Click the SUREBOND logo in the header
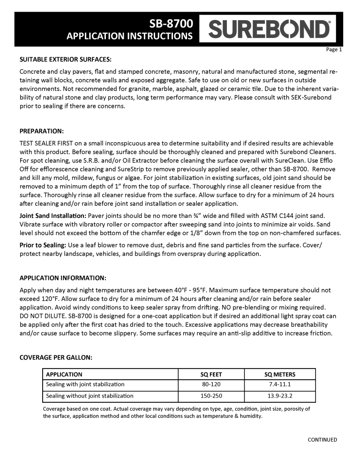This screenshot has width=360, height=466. (270, 29)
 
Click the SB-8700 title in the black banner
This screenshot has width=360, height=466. (174, 23)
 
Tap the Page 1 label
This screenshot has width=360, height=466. (334, 50)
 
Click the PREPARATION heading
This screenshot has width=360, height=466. (42, 130)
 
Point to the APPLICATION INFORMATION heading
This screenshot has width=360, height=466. (63, 278)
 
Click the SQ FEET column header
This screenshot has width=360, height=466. (211, 374)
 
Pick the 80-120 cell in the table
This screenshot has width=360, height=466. (211, 384)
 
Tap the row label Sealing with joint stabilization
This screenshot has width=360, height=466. (85, 384)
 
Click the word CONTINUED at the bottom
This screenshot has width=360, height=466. (322, 440)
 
